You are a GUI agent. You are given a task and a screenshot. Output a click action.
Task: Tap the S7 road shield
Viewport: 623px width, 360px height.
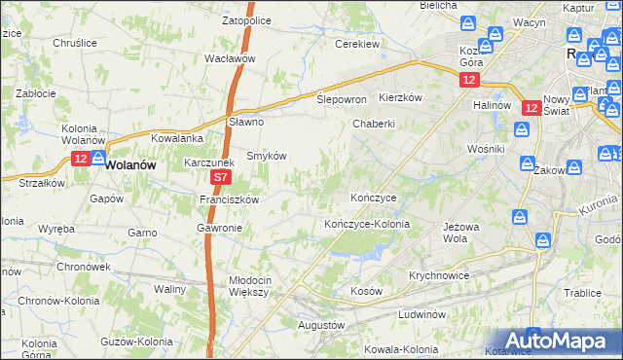[221, 178]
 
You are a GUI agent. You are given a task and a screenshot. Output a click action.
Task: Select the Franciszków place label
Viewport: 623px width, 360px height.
[229, 198]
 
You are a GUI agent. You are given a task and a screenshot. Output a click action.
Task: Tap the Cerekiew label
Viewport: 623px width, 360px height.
[357, 44]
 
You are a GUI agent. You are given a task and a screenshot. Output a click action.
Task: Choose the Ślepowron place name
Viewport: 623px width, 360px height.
[342, 100]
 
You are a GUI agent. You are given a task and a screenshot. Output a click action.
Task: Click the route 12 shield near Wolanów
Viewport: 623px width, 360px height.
[80, 158]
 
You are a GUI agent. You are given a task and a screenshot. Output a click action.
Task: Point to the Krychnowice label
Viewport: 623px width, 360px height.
[439, 275]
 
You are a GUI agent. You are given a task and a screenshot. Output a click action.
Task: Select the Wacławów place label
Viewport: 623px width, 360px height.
[230, 58]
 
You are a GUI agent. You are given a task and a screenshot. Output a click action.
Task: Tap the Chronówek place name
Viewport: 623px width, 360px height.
[83, 266]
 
